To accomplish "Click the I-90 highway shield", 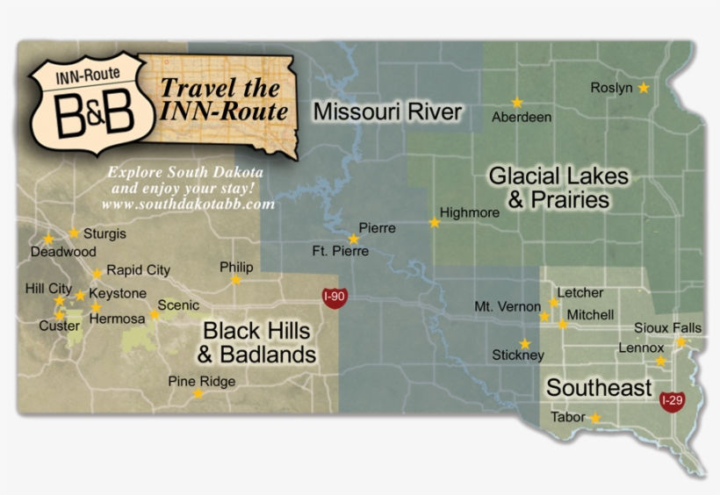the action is tap(334, 297).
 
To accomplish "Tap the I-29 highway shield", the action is tap(672, 401).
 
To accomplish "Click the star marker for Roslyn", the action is tap(644, 88).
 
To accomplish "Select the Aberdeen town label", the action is tap(522, 117).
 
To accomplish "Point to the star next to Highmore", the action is tap(434, 223).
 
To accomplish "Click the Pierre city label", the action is tap(377, 228).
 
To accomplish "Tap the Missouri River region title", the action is tap(387, 111).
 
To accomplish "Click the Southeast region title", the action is tap(599, 388).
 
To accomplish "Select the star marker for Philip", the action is tap(235, 280).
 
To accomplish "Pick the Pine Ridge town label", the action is tap(202, 382).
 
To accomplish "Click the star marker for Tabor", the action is tap(595, 419).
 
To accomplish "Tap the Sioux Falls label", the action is tap(668, 327).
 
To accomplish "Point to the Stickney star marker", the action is tap(525, 343).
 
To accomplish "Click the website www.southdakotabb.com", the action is tap(188, 204).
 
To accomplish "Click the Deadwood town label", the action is tap(62, 251).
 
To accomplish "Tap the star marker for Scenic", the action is tap(154, 314).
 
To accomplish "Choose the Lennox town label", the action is tap(641, 348).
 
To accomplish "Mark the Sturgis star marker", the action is tap(74, 233).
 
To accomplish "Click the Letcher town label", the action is tap(580, 292).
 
